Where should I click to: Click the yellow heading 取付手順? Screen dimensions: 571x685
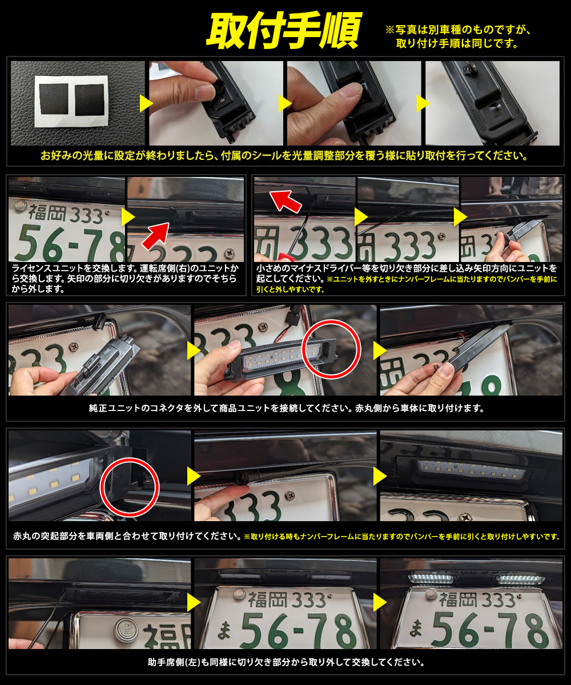[284, 30]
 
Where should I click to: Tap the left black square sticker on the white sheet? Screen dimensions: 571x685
[54, 99]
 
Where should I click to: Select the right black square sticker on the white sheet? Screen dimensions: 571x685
[90, 100]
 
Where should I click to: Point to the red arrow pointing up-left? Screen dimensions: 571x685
[285, 201]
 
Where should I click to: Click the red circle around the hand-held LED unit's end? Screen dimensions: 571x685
[331, 349]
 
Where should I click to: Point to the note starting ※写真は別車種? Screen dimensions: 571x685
[458, 37]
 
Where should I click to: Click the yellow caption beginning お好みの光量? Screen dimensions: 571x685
[284, 155]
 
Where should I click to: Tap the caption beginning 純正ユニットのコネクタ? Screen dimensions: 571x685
[286, 408]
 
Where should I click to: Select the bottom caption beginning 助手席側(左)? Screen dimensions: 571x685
[286, 662]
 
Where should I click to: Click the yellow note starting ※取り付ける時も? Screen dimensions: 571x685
[401, 537]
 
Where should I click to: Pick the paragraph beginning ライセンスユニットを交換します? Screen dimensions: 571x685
[126, 279]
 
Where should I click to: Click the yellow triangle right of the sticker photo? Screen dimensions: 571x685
[146, 103]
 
